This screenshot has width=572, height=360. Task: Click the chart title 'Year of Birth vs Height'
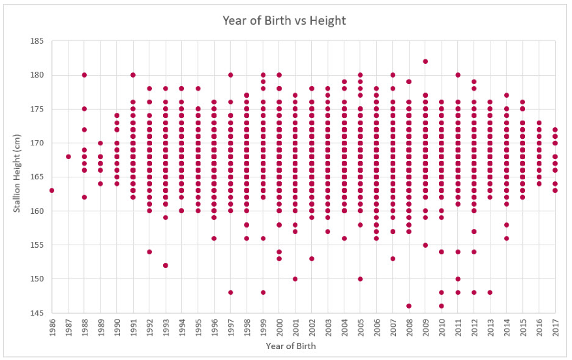284,21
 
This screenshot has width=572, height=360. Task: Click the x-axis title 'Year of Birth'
290,346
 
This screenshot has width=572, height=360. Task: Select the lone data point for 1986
52,190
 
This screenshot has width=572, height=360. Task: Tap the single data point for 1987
68,157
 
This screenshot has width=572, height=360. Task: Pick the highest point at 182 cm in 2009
425,61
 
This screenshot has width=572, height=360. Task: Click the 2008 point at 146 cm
409,306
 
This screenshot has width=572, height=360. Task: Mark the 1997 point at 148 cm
230,292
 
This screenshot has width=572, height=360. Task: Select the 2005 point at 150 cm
360,278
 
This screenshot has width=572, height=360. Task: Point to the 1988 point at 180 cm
84,75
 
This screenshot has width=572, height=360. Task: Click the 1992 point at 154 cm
149,252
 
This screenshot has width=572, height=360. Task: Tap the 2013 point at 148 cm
490,292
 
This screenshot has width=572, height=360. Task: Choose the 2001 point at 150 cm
295,278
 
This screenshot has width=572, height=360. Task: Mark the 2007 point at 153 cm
393,258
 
